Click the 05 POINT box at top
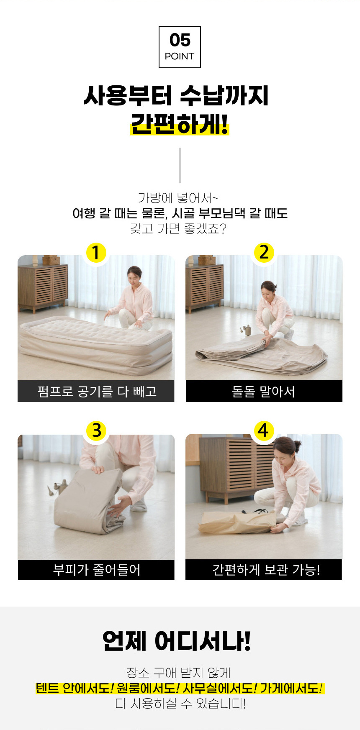click(x=180, y=47)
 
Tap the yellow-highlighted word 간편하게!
click(x=180, y=124)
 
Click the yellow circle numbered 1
click(x=96, y=253)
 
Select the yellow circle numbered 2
click(x=264, y=252)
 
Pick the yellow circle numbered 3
click(x=96, y=430)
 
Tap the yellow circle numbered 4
click(x=263, y=430)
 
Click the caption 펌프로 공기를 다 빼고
click(x=96, y=391)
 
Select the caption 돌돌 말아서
click(x=264, y=392)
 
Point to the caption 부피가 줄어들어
click(x=96, y=570)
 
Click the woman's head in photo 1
click(x=134, y=275)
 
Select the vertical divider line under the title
click(x=180, y=165)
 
